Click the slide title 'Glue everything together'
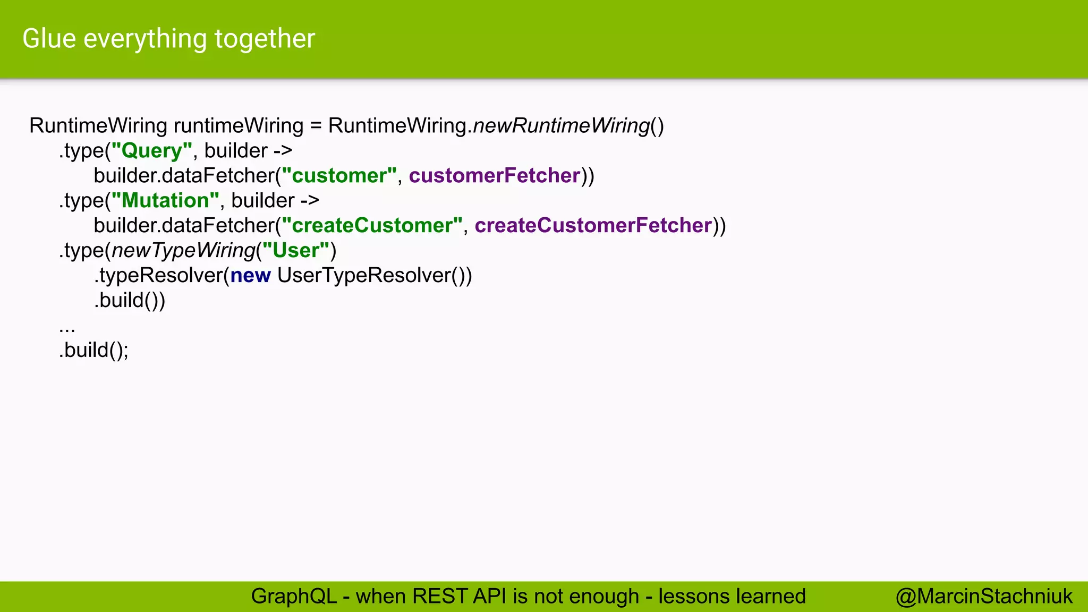(169, 39)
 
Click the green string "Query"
(151, 151)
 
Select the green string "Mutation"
(165, 201)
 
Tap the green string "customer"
(339, 176)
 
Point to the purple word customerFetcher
(495, 176)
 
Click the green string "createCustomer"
(372, 226)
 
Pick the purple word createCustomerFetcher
(593, 226)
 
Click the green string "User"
(296, 251)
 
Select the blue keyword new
(251, 276)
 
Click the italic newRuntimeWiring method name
(562, 126)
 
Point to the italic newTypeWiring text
(183, 251)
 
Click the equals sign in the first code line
(316, 126)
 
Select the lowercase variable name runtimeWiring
(239, 126)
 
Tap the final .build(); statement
(94, 350)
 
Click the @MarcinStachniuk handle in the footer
(984, 597)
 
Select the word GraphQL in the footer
(294, 597)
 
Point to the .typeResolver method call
(158, 276)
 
